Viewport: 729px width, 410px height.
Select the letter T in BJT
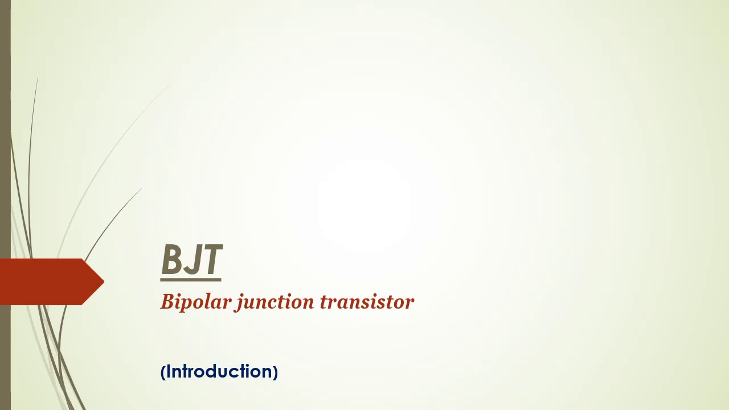211,260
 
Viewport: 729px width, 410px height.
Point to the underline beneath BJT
191,280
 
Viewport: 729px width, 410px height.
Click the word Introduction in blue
219,372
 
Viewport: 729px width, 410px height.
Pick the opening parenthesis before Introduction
163,372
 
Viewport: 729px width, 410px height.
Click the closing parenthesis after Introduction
275,372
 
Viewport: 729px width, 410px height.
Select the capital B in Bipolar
167,301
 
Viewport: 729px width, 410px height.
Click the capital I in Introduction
169,371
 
